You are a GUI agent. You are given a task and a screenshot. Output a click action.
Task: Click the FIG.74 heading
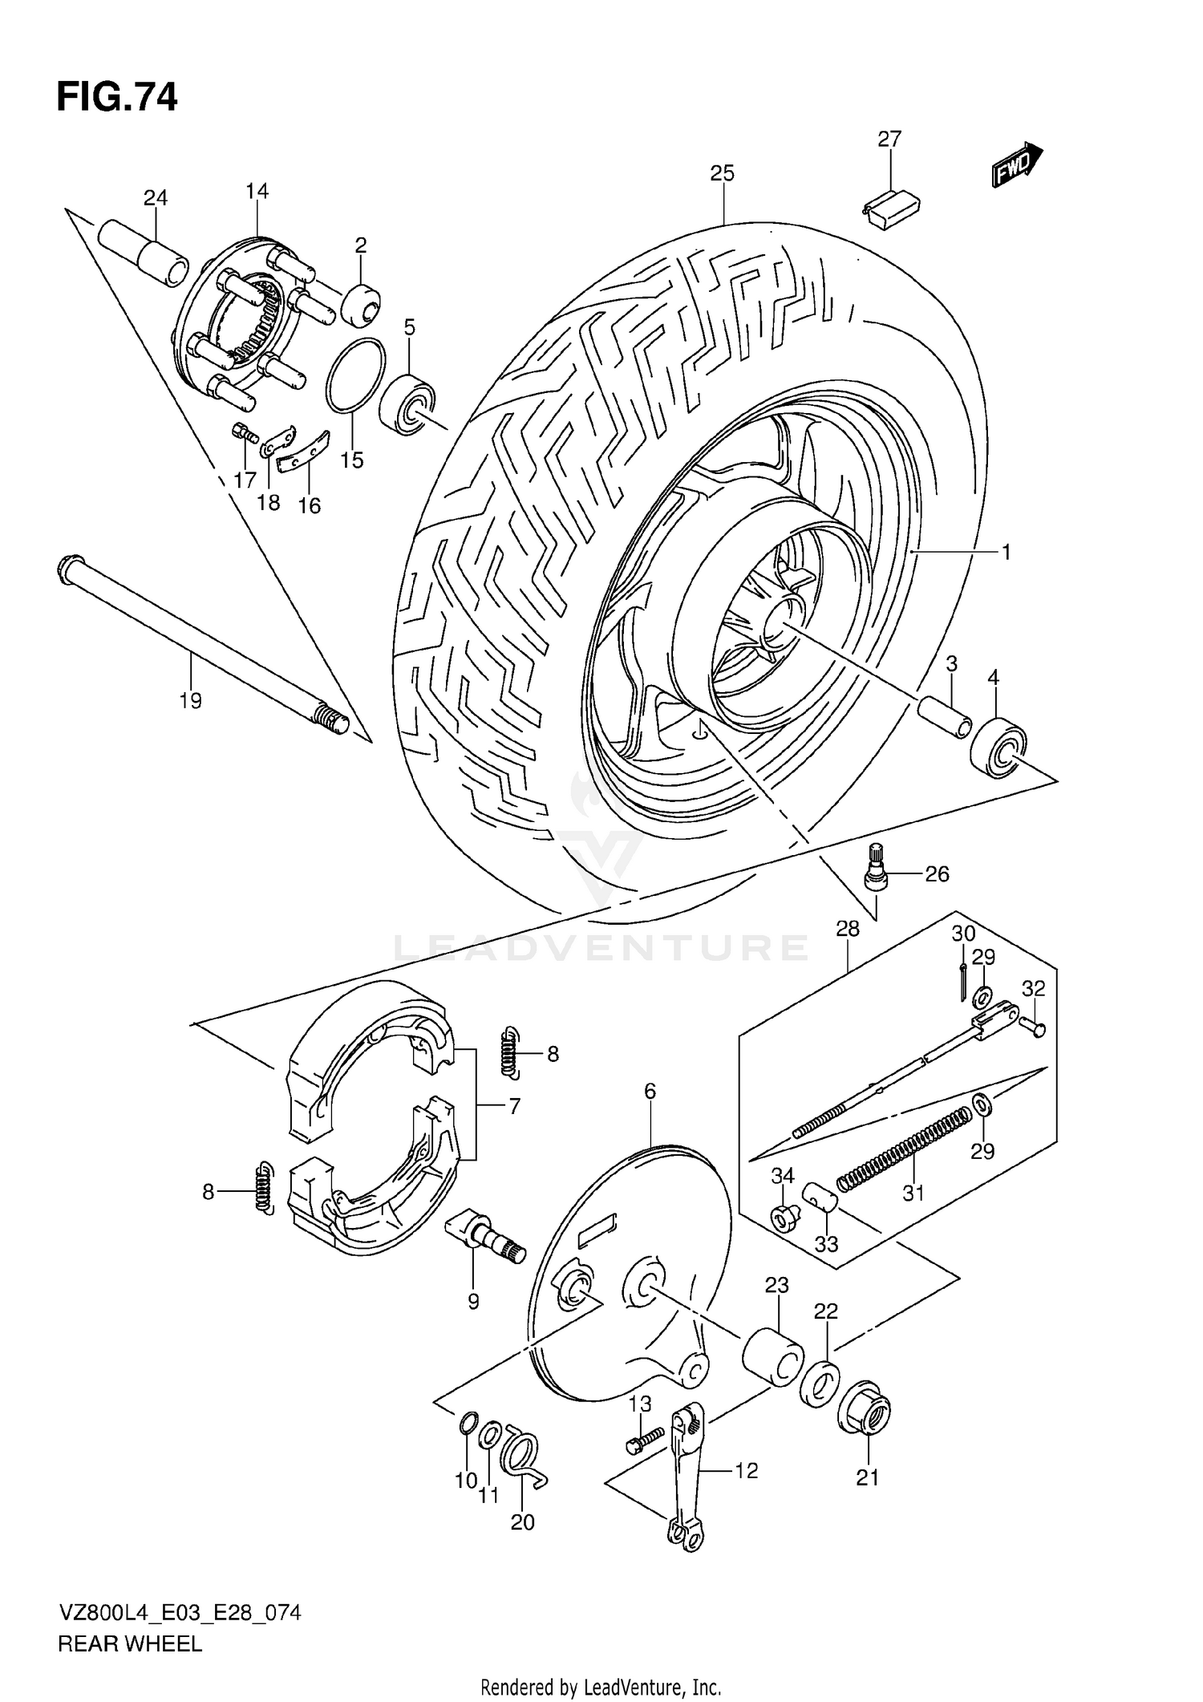[117, 97]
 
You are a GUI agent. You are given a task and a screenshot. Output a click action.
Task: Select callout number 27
[889, 139]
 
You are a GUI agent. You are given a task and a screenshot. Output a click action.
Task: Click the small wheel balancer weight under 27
[893, 209]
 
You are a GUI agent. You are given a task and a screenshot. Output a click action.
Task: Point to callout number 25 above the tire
[722, 173]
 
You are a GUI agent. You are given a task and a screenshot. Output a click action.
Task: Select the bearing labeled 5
[408, 403]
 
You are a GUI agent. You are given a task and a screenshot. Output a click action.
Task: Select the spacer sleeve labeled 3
[944, 711]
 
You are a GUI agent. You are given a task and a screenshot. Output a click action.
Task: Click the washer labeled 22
[819, 1381]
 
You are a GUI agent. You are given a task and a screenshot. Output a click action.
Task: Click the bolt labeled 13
[645, 1441]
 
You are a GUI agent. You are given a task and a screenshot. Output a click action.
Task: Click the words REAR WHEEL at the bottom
[129, 1643]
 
